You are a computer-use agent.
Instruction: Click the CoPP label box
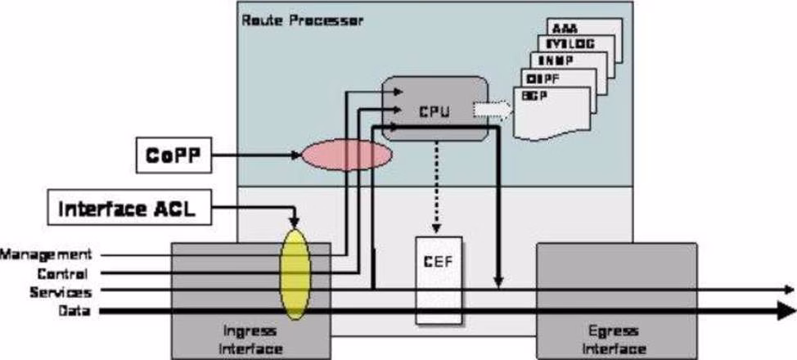click(x=174, y=157)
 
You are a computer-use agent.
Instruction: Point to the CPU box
click(x=435, y=108)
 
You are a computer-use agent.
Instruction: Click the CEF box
click(x=439, y=278)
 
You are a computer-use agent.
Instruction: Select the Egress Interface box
click(x=616, y=299)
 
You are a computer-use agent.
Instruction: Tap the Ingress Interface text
click(x=253, y=340)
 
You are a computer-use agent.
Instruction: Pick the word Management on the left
click(x=46, y=255)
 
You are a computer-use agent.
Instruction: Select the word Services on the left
click(x=60, y=291)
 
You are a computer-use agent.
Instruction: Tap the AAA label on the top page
click(x=565, y=27)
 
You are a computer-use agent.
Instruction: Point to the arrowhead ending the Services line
click(x=789, y=290)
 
